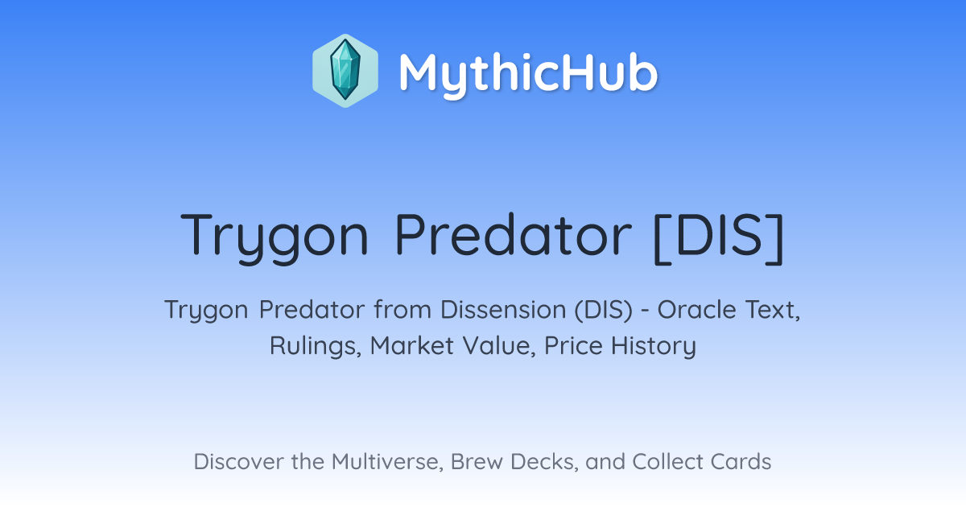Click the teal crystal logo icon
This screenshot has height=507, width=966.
click(345, 71)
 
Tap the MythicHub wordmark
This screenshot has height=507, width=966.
click(528, 74)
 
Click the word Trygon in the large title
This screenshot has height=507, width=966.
click(275, 237)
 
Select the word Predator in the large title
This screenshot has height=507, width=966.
click(514, 234)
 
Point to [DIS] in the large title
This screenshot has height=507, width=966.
click(719, 237)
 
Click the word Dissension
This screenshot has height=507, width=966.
click(503, 310)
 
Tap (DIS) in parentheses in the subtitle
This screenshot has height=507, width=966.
click(603, 310)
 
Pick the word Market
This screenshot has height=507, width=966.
click(412, 346)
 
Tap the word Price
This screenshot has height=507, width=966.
click(573, 346)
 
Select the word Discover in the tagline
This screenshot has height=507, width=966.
click(238, 461)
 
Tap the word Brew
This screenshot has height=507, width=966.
click(477, 461)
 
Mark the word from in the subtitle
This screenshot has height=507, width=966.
click(402, 310)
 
